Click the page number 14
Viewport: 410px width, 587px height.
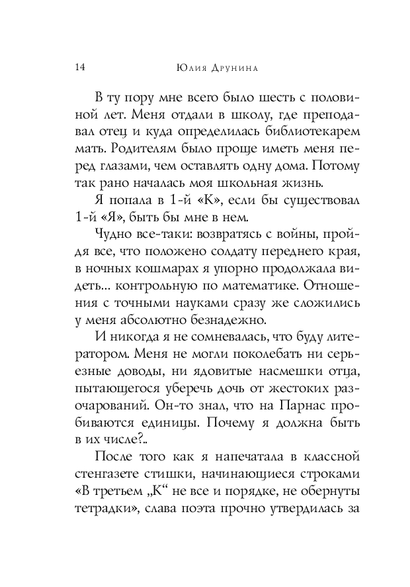point(80,66)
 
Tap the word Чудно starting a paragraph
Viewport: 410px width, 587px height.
point(113,233)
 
